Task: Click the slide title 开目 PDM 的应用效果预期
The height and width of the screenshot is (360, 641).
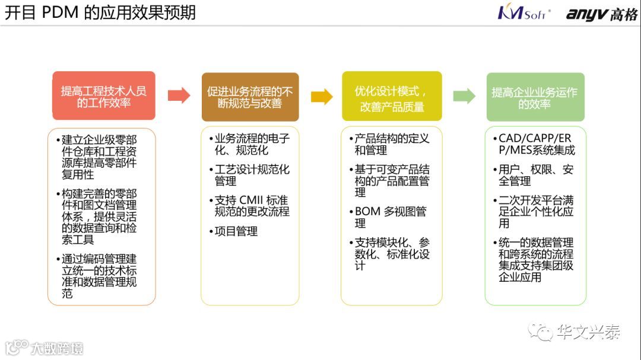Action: [x=101, y=13]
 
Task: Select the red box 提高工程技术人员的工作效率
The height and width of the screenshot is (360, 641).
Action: [x=104, y=96]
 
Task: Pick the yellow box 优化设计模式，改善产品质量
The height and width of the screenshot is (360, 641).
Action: [x=392, y=96]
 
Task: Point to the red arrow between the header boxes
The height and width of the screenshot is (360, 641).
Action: [x=179, y=95]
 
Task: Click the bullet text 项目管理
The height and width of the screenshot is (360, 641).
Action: [x=236, y=231]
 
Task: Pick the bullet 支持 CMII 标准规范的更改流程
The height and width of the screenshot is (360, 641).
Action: [x=252, y=206]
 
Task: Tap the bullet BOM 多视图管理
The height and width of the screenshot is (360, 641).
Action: [x=391, y=217]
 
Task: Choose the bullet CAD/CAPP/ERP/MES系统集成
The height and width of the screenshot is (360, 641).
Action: [x=536, y=144]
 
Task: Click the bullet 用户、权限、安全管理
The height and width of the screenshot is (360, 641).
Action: [x=535, y=175]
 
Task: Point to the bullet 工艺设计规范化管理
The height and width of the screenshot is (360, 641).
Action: [x=252, y=175]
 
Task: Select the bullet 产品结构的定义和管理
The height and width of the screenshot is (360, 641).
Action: [x=392, y=144]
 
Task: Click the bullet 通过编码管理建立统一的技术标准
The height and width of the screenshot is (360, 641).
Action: [x=99, y=276]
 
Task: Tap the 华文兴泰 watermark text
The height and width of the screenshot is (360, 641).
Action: [x=588, y=332]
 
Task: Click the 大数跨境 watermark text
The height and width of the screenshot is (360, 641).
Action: [x=57, y=348]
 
